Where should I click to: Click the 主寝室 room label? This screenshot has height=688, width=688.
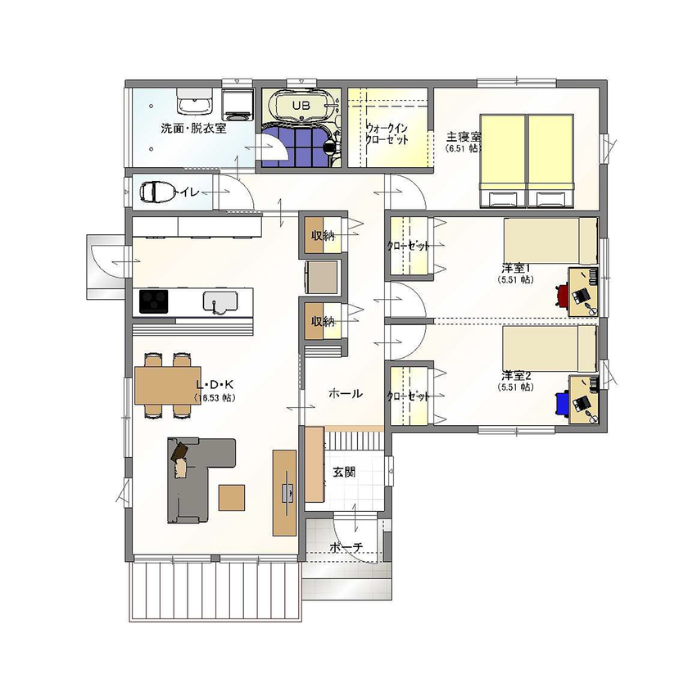pyautogui.click(x=463, y=137)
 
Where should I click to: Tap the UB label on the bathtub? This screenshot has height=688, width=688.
pyautogui.click(x=301, y=106)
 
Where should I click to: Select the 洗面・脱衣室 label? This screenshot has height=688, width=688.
pyautogui.click(x=193, y=129)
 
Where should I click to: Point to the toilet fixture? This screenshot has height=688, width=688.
pyautogui.click(x=156, y=192)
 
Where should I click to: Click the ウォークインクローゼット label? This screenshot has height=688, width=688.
pyautogui.click(x=387, y=134)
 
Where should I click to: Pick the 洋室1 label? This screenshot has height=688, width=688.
pyautogui.click(x=517, y=268)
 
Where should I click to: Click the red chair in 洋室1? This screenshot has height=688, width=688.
pyautogui.click(x=564, y=294)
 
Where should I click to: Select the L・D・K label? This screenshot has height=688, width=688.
pyautogui.click(x=215, y=385)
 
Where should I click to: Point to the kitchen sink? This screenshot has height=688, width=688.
pyautogui.click(x=218, y=301)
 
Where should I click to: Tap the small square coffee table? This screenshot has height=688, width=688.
pyautogui.click(x=232, y=497)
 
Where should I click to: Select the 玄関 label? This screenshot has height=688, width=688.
pyautogui.click(x=344, y=472)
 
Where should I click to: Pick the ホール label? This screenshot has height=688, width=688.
pyautogui.click(x=345, y=394)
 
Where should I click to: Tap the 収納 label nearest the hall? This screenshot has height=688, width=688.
pyautogui.click(x=322, y=322)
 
